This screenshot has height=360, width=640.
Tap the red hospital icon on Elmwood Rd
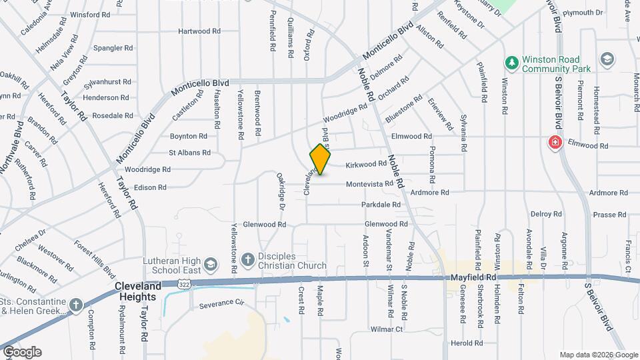click(x=554, y=142)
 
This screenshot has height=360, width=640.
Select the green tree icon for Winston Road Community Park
click(x=512, y=63)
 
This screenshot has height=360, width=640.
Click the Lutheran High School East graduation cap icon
click(x=210, y=264)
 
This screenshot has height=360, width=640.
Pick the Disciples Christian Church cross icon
click(x=247, y=259)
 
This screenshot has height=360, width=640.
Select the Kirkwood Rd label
click(x=366, y=164)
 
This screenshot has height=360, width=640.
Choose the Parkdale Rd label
click(x=381, y=205)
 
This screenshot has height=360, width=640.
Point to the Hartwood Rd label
click(x=199, y=31)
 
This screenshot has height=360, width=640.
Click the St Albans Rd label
click(x=189, y=153)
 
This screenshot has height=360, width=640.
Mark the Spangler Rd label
click(x=113, y=48)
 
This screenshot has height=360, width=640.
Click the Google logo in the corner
click(x=22, y=351)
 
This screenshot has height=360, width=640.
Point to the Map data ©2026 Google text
click(x=599, y=355)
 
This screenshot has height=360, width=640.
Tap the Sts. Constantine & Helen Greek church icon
click(x=76, y=305)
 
